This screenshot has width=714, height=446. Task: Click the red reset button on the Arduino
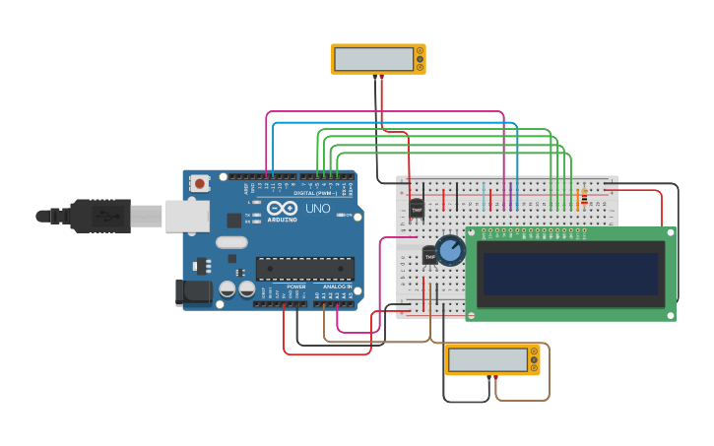tap(200, 183)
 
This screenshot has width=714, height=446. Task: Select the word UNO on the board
tap(318, 209)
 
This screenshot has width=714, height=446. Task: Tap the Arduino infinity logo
tap(282, 209)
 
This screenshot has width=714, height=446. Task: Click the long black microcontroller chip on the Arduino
tap(304, 268)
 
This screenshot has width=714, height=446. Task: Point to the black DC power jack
tap(192, 291)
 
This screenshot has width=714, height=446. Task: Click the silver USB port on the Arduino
tap(187, 216)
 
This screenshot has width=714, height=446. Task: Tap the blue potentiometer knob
tap(450, 250)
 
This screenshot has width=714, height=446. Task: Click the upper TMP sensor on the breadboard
tap(417, 208)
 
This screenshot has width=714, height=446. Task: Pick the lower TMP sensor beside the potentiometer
tap(430, 255)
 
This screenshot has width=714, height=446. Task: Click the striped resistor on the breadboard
tap(583, 198)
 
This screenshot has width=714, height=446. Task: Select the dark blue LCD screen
tap(569, 274)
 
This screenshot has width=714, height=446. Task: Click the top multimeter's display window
tap(373, 59)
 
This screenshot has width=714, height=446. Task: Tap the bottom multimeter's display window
tap(487, 359)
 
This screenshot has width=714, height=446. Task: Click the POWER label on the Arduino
tap(295, 287)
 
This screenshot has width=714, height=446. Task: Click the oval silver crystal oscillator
tap(232, 242)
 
